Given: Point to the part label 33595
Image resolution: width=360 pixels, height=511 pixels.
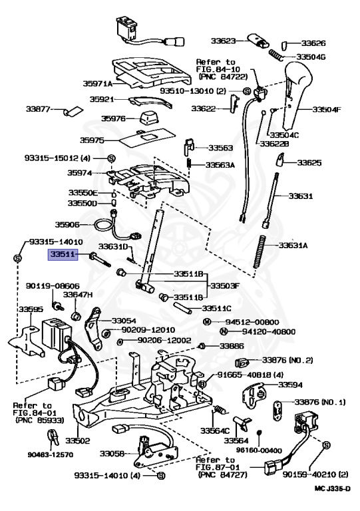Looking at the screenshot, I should [x=30, y=309].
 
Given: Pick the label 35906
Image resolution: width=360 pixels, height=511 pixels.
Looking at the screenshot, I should [x=67, y=225].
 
